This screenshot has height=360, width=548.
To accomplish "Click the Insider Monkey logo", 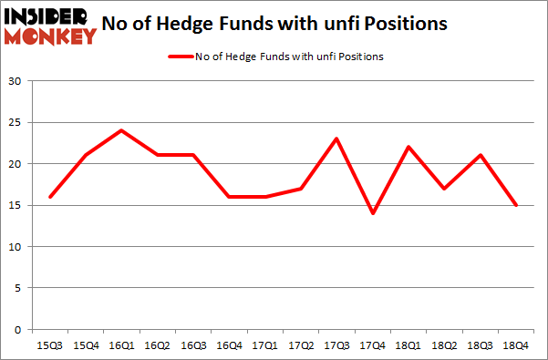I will tap(51, 25).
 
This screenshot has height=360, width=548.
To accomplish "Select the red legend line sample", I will tap(179, 57).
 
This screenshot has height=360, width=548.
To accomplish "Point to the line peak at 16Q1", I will tap(120, 130).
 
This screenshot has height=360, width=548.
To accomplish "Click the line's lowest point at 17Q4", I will tap(372, 213).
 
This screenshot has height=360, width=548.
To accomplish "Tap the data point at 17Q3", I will tap(336, 139).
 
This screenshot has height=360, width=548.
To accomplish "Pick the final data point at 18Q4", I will tap(516, 205).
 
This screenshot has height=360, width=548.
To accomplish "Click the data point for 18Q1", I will tap(408, 147).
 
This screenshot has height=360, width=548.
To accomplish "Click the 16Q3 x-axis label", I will tap(192, 345).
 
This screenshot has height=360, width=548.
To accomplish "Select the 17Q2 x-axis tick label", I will tap(301, 345).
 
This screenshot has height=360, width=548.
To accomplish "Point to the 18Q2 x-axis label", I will tap(444, 345).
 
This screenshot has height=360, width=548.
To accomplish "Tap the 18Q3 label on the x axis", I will tap(481, 345).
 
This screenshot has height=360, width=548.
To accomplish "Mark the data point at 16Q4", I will tap(229, 197).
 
